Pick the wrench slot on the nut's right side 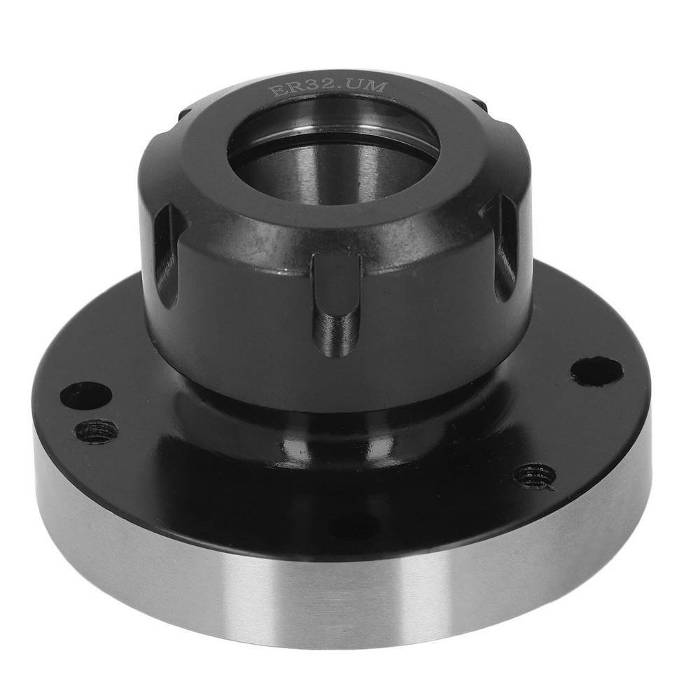(x=506, y=245)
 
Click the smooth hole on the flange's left (x=85, y=395)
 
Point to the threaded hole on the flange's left (x=96, y=430)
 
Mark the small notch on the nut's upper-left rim (x=183, y=112)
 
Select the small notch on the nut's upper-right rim (x=480, y=104)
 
